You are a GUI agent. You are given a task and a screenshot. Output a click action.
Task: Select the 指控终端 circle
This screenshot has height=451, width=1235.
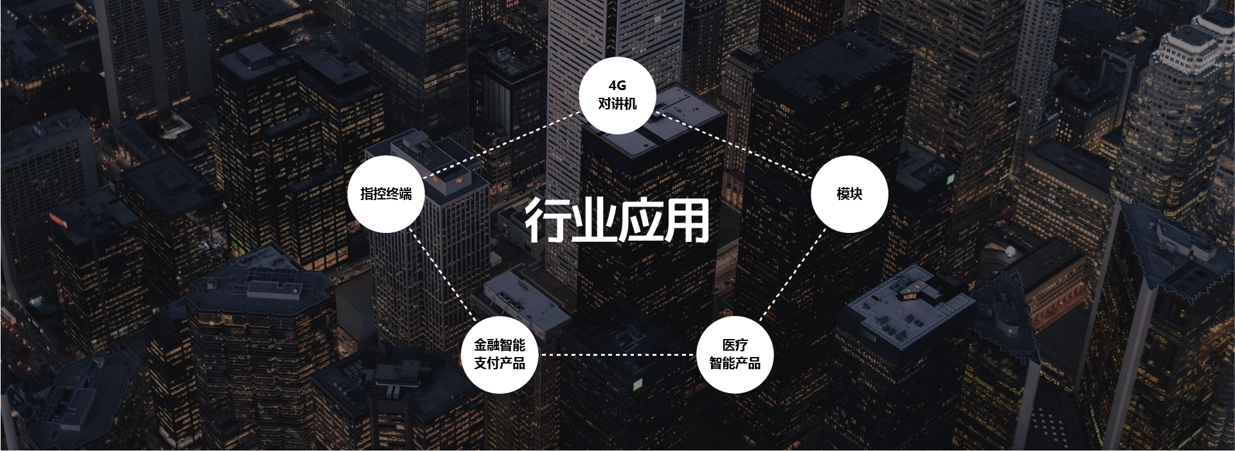pyautogui.click(x=386, y=194)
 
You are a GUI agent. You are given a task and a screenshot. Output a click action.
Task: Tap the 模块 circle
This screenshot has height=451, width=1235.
pyautogui.click(x=849, y=194)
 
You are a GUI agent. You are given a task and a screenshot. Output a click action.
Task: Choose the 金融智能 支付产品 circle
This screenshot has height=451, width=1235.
pyautogui.click(x=500, y=354)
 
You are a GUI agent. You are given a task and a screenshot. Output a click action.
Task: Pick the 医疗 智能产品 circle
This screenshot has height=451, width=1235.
pyautogui.click(x=735, y=354)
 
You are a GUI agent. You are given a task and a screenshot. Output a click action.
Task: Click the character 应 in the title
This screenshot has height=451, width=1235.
pyautogui.click(x=640, y=221)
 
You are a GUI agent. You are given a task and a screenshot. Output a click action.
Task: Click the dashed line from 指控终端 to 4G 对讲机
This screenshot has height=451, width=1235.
pyautogui.click(x=501, y=145)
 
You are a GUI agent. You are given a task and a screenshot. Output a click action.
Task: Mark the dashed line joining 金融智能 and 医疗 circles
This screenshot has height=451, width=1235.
pyautogui.click(x=617, y=354)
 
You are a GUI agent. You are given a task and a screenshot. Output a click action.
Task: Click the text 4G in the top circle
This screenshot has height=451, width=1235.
pyautogui.click(x=617, y=86)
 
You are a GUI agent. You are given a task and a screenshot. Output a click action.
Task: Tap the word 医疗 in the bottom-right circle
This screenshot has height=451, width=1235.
pyautogui.click(x=735, y=345)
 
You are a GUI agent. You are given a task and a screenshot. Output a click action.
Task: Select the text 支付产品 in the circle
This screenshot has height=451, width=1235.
pyautogui.click(x=500, y=364)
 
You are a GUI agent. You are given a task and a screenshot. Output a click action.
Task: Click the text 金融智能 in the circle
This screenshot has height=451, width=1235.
pyautogui.click(x=500, y=345)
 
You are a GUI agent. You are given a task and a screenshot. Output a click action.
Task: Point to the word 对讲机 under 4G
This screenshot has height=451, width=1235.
pyautogui.click(x=617, y=104)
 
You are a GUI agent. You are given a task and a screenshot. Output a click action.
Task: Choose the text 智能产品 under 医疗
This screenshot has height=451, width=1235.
pyautogui.click(x=735, y=364)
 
